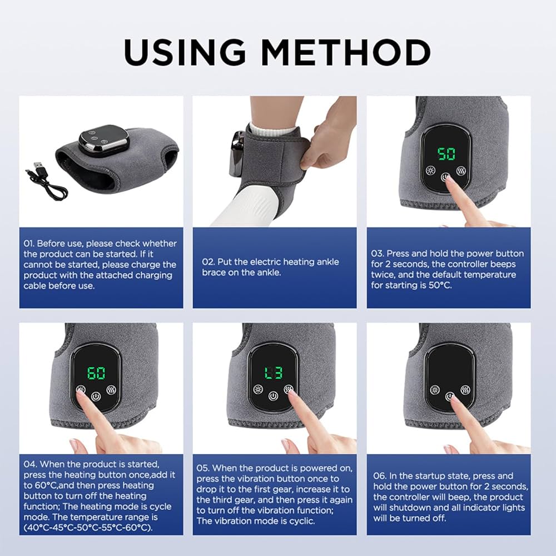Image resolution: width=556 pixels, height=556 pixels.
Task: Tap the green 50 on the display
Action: pos(446,154)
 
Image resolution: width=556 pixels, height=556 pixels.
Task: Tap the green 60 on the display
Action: pos(97,373)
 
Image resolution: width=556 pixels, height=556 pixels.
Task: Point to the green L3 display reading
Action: pos(273,373)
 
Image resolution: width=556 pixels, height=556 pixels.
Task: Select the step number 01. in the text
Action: pos(29,244)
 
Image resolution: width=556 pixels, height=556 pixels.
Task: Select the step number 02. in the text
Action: pos(208,262)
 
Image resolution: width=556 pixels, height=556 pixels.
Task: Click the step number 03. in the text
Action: pos(378,254)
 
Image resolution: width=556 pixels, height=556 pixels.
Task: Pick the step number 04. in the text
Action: pos(30,464)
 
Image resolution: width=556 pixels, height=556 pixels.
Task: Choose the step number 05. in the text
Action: pos(203,468)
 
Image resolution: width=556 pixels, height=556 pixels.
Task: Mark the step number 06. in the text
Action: pos(380,476)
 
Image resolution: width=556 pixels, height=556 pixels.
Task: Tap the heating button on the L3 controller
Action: pos(257,389)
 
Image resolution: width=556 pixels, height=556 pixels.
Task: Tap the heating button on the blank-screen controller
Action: pos(434,389)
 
